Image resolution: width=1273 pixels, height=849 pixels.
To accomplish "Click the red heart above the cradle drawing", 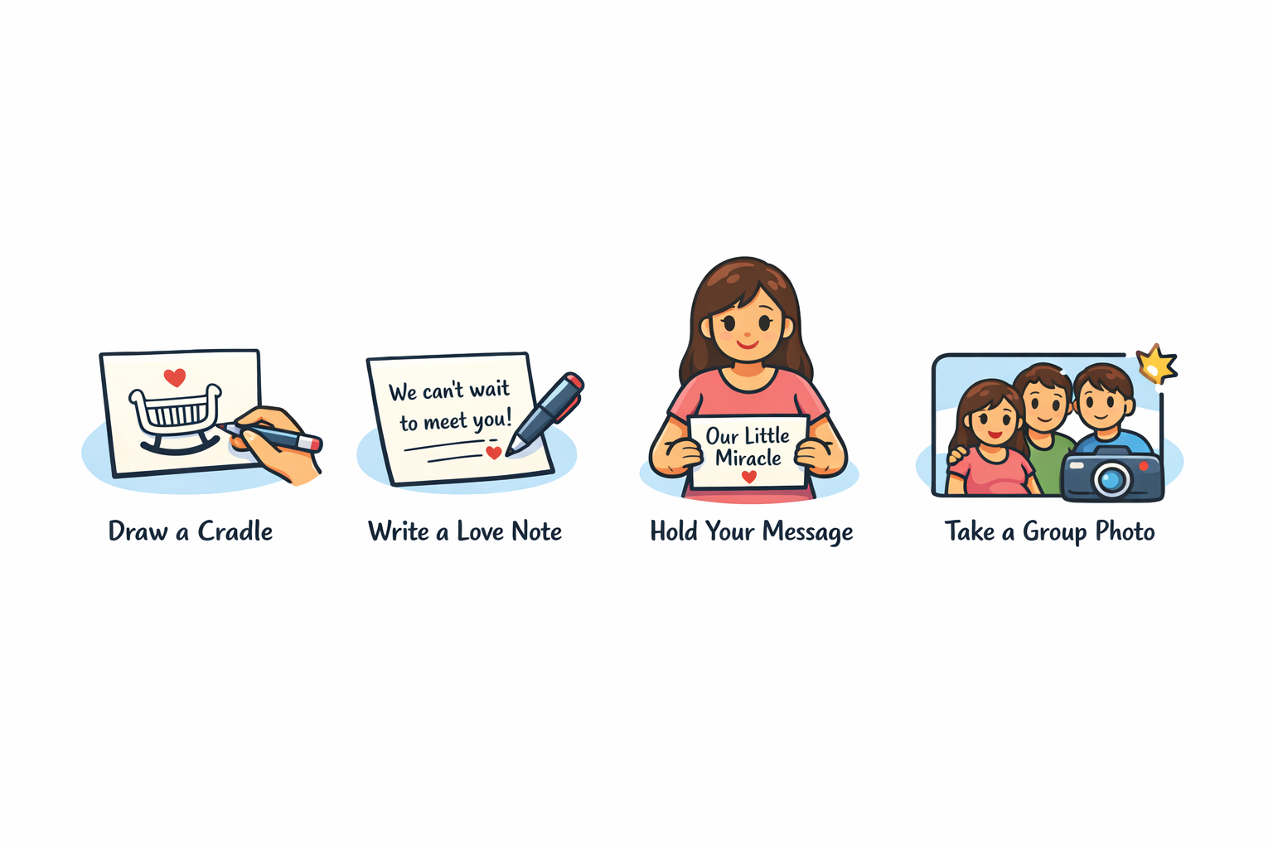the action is tap(175, 377).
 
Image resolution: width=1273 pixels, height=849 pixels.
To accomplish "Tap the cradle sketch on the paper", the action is tap(175, 420).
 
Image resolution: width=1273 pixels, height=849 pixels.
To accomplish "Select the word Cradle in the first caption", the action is tap(235, 531).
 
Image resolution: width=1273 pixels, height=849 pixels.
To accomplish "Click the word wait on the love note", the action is tap(489, 389).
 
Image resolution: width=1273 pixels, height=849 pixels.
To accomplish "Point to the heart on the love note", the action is tap(494, 453).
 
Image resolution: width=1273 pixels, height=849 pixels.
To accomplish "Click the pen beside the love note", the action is tap(545, 414).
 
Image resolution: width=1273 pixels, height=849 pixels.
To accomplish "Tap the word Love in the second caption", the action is tap(480, 531).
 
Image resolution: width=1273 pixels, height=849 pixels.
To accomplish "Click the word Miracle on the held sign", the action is tap(748, 458).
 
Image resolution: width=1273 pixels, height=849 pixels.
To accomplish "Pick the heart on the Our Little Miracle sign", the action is tap(749, 477).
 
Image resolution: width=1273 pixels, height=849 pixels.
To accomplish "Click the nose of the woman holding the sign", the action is tap(747, 335).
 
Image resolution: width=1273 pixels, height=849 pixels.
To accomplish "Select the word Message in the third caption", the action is tap(807, 532).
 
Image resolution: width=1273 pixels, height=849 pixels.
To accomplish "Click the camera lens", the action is tap(1111, 480).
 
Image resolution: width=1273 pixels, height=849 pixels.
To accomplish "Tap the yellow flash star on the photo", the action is tap(1156, 364).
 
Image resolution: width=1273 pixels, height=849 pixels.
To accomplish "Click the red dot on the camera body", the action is tap(1144, 466).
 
